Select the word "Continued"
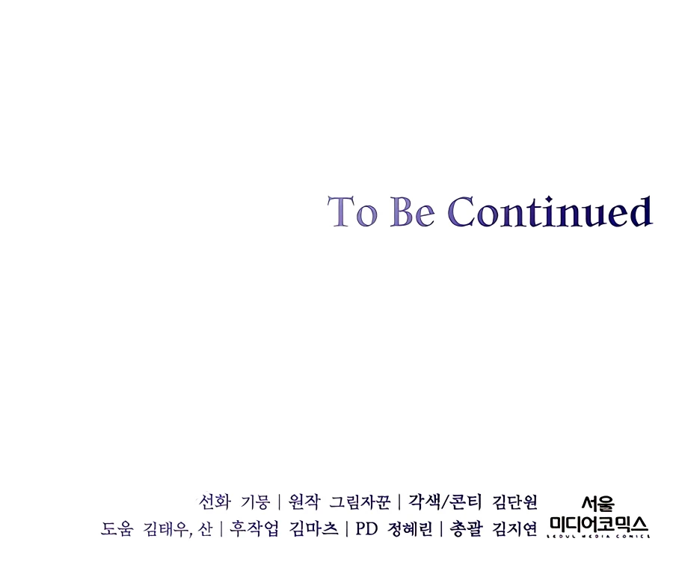(x=550, y=211)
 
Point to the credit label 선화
(x=215, y=501)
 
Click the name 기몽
(x=256, y=501)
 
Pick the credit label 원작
(x=304, y=501)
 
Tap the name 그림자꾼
(x=360, y=501)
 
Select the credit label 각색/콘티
(x=445, y=501)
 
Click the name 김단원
(x=514, y=501)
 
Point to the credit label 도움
(x=117, y=528)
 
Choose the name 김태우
(x=165, y=528)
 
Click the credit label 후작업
(x=253, y=528)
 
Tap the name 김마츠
(x=313, y=528)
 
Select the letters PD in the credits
(x=366, y=529)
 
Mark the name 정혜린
(x=410, y=528)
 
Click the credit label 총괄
(x=466, y=528)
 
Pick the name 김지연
(x=514, y=528)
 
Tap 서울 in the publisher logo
(x=598, y=504)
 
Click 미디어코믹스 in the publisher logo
(x=599, y=524)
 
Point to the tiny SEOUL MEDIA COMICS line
(x=599, y=536)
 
